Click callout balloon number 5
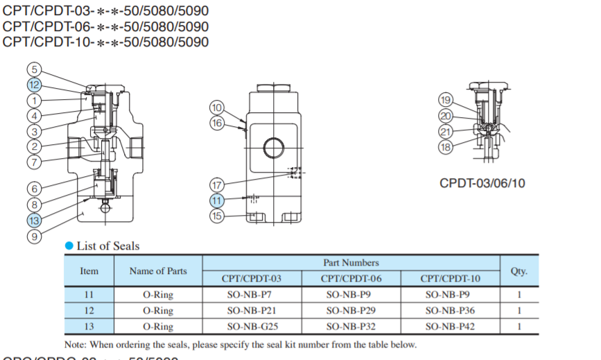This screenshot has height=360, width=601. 35,69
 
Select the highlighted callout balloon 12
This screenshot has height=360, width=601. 35,85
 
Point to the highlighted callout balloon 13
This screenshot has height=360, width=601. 35,221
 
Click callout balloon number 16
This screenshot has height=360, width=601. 218,123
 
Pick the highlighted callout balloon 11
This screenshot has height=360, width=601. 218,200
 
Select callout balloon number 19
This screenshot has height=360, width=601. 446,99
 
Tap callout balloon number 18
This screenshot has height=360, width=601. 446,146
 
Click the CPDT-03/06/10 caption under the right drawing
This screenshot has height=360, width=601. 482,184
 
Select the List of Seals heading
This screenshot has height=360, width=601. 107,246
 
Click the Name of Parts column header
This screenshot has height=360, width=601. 158,271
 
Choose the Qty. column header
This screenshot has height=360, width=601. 519,271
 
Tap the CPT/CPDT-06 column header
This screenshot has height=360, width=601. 351,279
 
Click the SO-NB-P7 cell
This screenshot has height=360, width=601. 252,295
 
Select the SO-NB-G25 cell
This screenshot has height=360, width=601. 252,326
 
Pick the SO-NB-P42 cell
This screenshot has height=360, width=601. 450,326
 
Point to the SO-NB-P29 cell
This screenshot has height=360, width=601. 351,310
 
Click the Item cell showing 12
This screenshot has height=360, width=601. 89,310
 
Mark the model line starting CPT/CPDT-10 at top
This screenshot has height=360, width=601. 105,42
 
